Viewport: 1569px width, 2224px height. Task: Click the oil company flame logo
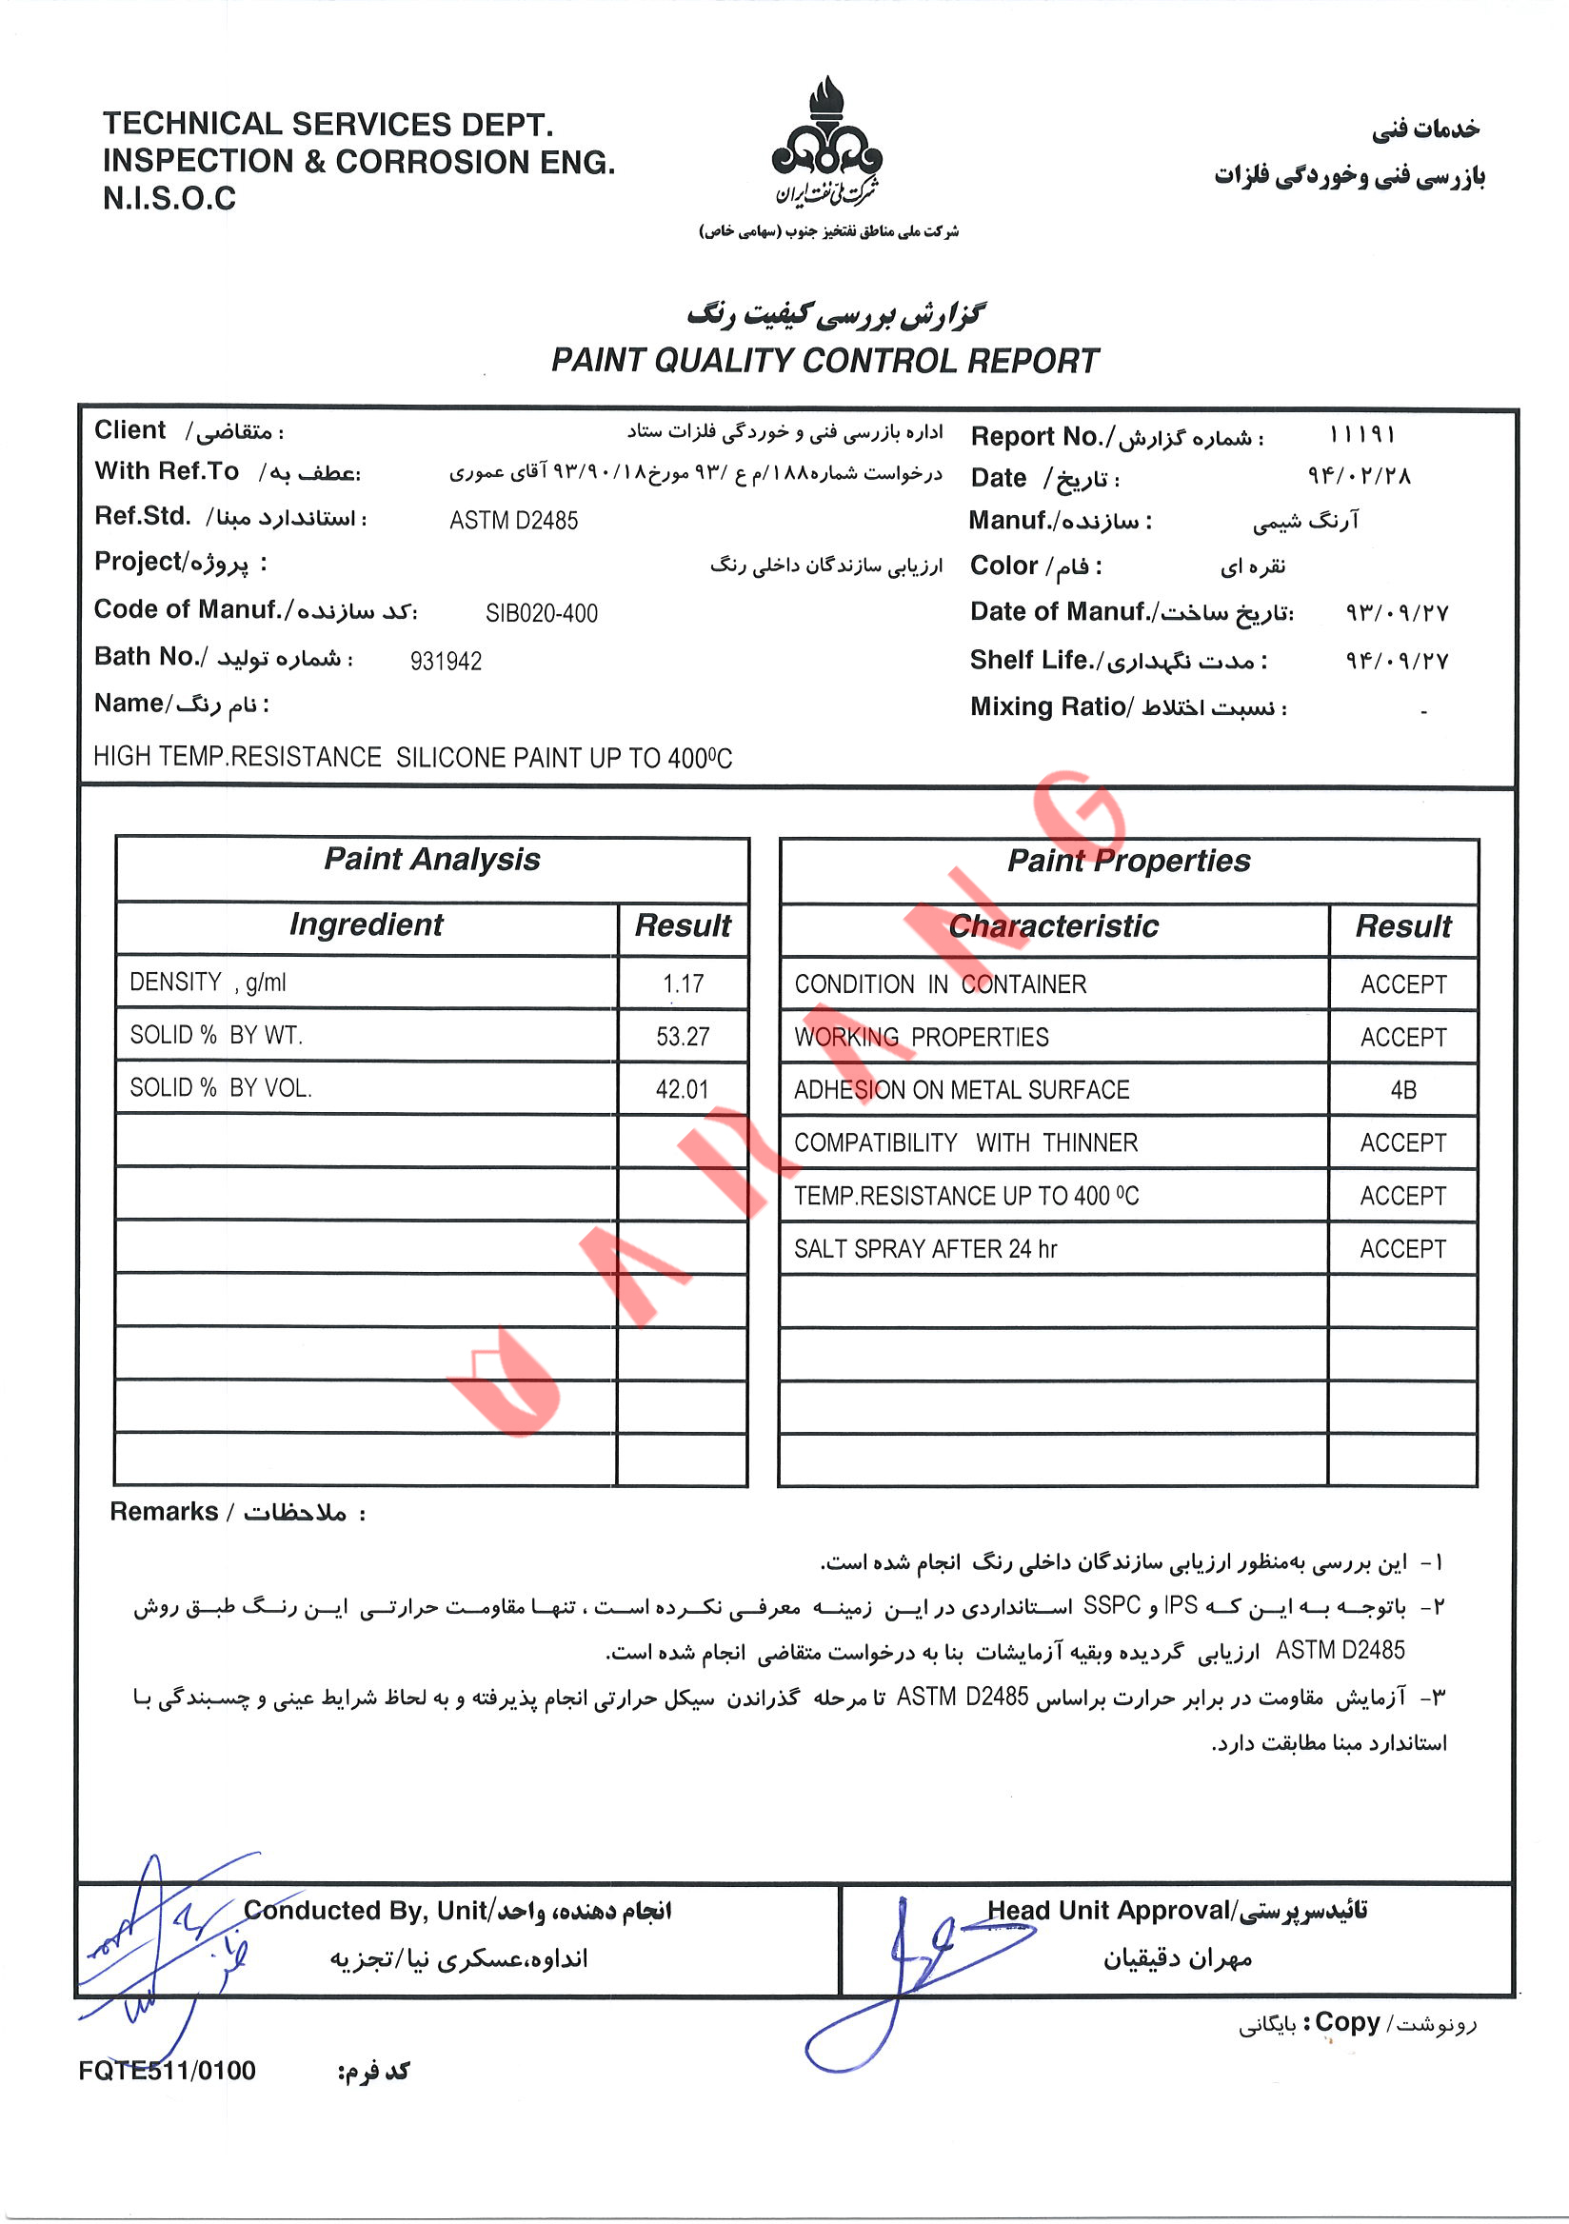pos(826,141)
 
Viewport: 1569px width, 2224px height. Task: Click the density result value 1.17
pos(683,984)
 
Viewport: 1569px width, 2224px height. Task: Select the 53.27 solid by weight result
pos(683,1037)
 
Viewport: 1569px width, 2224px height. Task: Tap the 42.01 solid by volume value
pos(683,1089)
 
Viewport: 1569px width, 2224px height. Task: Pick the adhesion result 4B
pos(1402,1091)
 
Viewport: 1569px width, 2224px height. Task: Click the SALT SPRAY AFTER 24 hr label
pos(925,1249)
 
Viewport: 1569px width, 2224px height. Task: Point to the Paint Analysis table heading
pos(432,860)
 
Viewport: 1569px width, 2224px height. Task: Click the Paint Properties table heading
pos(1128,861)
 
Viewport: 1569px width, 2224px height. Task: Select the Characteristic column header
pos(1053,927)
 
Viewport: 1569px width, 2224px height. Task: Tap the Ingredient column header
pos(367,925)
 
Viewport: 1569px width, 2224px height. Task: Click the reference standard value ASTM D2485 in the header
pos(513,521)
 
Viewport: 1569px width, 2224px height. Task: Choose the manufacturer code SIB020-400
pos(542,613)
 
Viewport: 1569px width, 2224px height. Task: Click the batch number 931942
pos(446,662)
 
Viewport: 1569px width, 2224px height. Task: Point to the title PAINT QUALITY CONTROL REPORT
pos(825,361)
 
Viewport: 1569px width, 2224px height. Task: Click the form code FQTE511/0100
pos(168,2071)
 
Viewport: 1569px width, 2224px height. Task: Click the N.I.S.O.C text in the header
pos(169,199)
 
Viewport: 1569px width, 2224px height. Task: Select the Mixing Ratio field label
pos(1051,707)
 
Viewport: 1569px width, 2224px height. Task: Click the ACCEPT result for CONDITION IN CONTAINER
pos(1402,985)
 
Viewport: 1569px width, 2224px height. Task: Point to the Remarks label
pos(164,1512)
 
